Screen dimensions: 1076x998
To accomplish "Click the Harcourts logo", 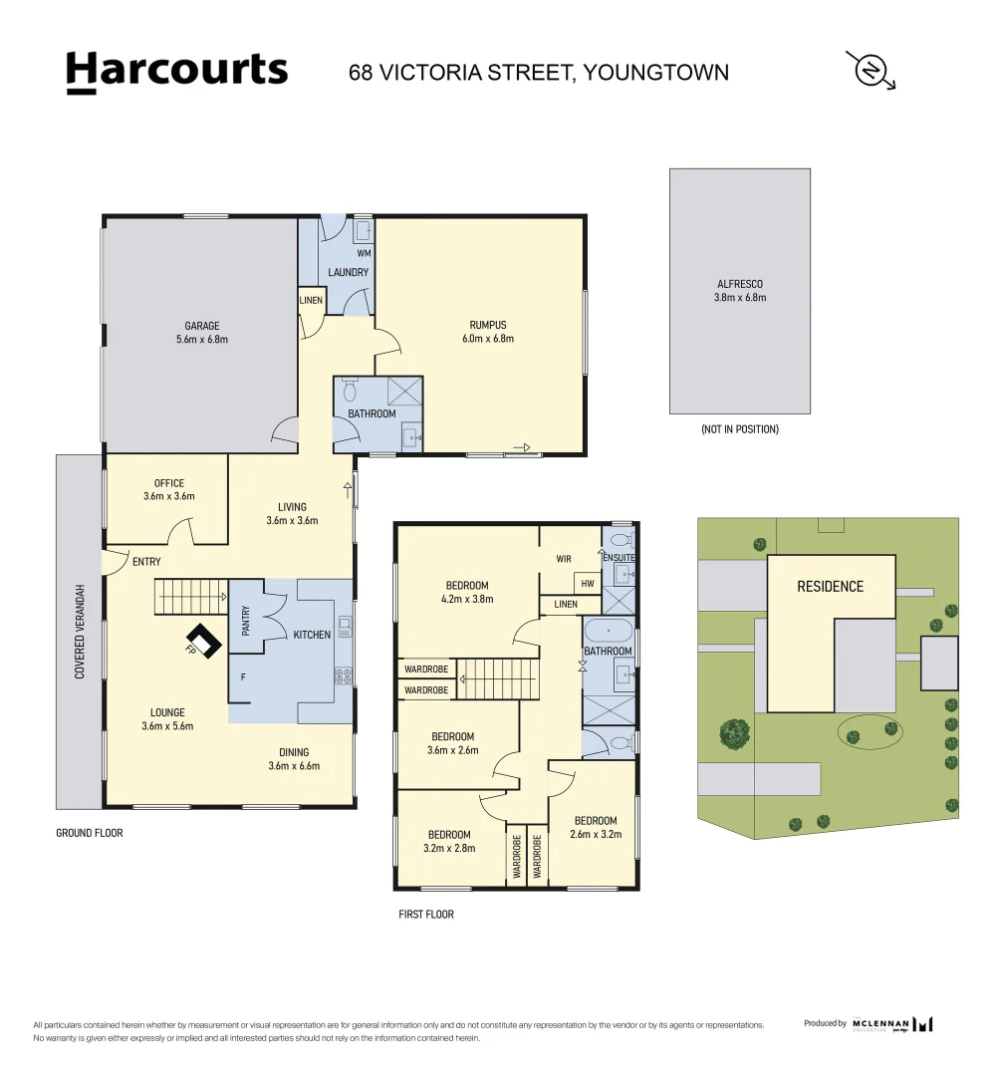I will point(176,72).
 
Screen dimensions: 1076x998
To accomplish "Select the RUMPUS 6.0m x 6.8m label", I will point(488,332).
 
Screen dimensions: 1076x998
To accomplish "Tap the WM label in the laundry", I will point(364,254).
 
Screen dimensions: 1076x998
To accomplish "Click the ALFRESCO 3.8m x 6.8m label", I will point(740,291).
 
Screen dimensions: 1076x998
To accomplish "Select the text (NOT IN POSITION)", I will point(739,429).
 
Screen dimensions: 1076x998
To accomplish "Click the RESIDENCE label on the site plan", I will point(830,587).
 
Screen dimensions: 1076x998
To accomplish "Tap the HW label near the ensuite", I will point(587,584).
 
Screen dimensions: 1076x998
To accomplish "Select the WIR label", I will point(564,559).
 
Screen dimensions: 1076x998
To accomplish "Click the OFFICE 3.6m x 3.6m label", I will point(169,489).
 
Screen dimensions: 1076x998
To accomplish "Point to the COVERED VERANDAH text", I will point(80,632).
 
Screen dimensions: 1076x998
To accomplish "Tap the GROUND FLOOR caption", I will point(90,833).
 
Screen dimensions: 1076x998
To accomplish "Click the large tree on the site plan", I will point(735,733).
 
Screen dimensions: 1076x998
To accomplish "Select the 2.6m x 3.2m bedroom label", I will point(594,828).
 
